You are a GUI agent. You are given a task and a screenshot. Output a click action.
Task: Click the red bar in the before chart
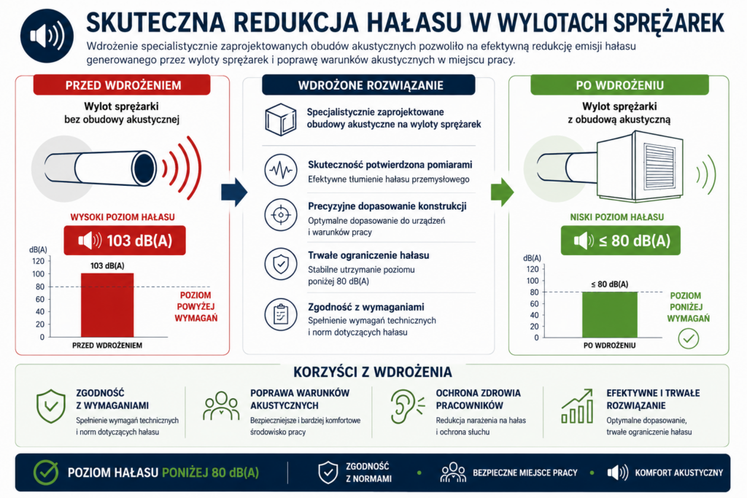click(107, 306)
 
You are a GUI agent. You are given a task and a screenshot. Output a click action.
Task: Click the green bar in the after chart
click(609, 315)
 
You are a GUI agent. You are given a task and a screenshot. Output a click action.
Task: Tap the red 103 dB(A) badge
click(125, 241)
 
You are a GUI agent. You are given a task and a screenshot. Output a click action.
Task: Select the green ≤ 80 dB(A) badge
click(620, 241)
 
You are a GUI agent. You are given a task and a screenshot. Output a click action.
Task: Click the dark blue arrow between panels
click(234, 192)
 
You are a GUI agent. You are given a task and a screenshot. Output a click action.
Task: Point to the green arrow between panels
click(502, 192)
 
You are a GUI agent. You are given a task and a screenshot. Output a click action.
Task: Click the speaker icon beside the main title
click(47, 36)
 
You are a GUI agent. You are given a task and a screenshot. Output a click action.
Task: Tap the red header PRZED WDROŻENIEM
click(122, 85)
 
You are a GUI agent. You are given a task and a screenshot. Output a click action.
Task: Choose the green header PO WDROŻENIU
click(619, 85)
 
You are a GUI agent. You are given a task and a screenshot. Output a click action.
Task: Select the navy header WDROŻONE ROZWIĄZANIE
click(368, 85)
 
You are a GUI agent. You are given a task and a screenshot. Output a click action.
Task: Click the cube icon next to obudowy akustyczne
click(281, 120)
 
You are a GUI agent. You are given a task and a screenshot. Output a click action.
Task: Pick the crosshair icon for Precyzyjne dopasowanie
click(281, 215)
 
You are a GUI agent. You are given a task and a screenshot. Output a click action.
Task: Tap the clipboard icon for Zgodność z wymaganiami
click(281, 314)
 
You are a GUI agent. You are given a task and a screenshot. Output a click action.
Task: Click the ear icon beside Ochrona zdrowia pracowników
click(406, 406)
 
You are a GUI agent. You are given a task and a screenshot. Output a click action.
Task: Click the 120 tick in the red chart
click(38, 261)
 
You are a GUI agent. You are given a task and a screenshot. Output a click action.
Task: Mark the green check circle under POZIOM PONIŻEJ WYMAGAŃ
click(689, 338)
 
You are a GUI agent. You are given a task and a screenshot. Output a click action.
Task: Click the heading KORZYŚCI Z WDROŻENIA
click(373, 372)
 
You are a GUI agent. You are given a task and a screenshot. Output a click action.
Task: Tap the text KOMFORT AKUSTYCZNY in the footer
click(678, 472)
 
